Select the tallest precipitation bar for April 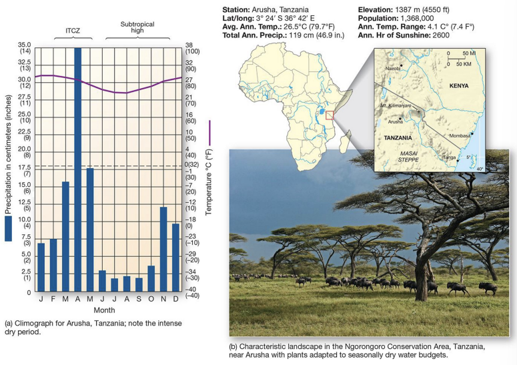click(x=78, y=167)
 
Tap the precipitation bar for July click(x=115, y=284)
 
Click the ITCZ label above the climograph click(x=69, y=31)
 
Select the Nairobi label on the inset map click(x=392, y=67)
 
